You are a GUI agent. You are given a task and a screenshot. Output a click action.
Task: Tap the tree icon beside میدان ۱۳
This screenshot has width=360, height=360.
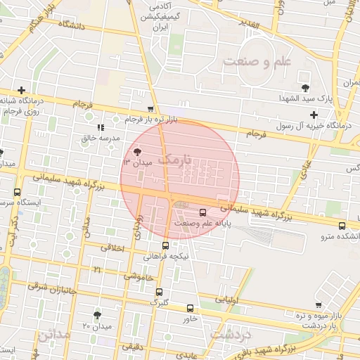pyautogui.click(x=137, y=151)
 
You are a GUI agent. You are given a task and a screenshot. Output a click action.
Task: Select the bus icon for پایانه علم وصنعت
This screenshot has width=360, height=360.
pyautogui.click(x=203, y=212)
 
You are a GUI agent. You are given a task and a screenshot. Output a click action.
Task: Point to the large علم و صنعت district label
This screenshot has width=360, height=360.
pyautogui.click(x=257, y=62)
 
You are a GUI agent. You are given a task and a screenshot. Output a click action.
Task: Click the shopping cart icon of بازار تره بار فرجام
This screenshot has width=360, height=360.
pyautogui.click(x=150, y=108)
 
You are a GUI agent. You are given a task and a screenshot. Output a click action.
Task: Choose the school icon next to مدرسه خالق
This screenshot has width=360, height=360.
pyautogui.click(x=101, y=127)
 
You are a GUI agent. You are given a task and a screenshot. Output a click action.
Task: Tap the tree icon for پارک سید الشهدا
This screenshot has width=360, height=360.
pyautogui.click(x=305, y=87)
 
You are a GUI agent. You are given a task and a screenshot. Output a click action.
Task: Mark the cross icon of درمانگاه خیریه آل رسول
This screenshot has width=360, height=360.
pyautogui.click(x=314, y=115)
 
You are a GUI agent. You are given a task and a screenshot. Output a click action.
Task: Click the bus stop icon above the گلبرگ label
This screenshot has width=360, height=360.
pyautogui.click(x=159, y=292)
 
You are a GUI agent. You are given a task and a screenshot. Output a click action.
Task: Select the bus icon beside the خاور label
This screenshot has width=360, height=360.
pyautogui.click(x=190, y=308)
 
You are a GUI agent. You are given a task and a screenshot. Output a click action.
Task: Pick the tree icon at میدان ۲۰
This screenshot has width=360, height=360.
pyautogui.click(x=97, y=315)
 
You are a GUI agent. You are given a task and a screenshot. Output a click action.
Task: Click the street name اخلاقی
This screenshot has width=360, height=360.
pyautogui.click(x=113, y=247)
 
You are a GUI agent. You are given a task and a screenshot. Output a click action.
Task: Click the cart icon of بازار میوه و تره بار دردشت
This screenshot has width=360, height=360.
pyautogui.click(x=319, y=305)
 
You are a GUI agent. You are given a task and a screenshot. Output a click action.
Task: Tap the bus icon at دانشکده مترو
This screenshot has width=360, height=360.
pyautogui.click(x=342, y=226)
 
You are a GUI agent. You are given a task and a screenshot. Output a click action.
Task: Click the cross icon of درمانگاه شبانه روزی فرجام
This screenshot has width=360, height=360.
pyautogui.click(x=22, y=90)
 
